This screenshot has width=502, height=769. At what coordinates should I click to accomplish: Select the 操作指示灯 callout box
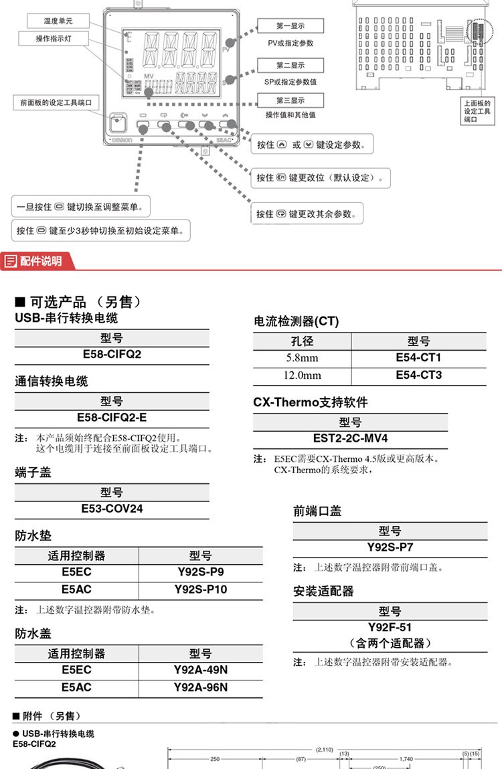click(53, 39)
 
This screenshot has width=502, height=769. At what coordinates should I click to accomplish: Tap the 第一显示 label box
click(290, 26)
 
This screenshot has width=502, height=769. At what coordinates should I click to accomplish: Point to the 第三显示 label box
click(290, 100)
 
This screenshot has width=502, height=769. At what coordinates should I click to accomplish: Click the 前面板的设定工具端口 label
click(56, 102)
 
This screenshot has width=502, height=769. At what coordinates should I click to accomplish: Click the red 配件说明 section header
click(39, 261)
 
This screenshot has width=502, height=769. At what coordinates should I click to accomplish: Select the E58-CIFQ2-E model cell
click(112, 418)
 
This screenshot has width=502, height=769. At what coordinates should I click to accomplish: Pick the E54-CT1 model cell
click(418, 357)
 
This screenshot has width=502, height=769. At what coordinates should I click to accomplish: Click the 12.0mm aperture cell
click(302, 375)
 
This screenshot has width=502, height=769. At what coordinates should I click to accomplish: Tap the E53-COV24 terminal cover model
click(112, 509)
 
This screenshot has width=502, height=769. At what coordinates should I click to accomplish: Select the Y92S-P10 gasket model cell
click(200, 590)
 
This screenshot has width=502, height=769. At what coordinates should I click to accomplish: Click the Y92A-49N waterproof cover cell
click(200, 669)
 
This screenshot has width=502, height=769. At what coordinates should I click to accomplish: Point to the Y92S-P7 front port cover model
click(390, 547)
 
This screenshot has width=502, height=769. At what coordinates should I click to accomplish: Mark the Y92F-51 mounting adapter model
click(390, 627)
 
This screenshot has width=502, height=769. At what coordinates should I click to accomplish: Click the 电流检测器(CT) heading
click(296, 321)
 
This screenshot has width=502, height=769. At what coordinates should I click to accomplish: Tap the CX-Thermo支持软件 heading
click(311, 403)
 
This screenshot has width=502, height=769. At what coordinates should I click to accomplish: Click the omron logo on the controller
click(121, 140)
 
